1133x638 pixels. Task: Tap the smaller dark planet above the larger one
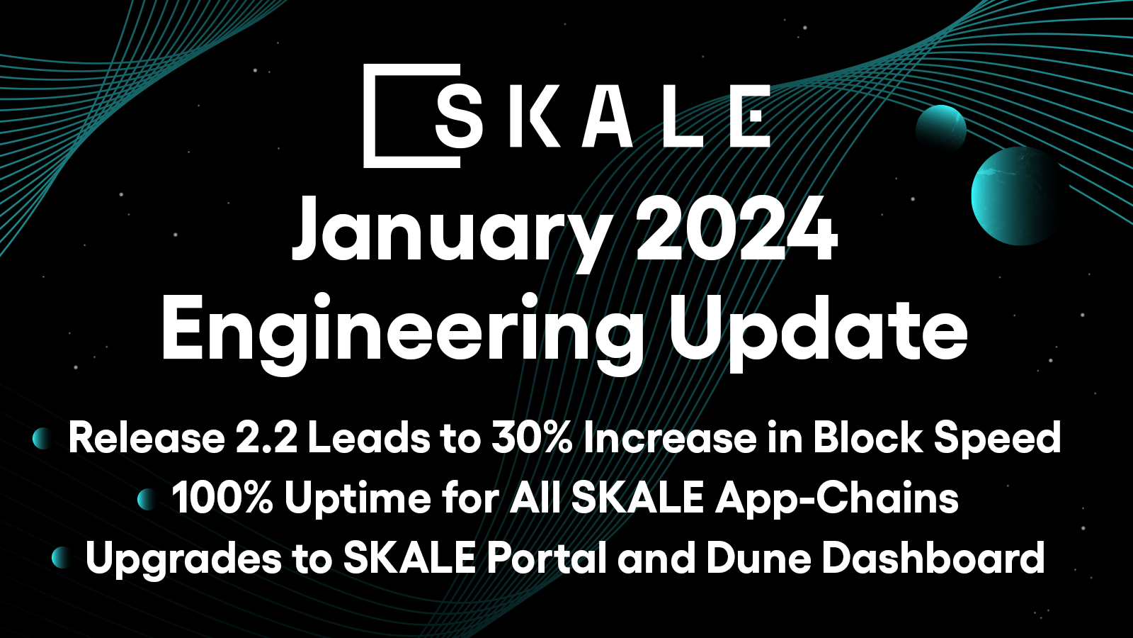pyautogui.click(x=941, y=128)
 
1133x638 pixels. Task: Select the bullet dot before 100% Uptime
pyautogui.click(x=147, y=499)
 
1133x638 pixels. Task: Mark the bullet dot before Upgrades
pyautogui.click(x=62, y=558)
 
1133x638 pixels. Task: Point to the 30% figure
pyautogui.click(x=532, y=438)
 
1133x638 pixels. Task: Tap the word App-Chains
pyautogui.click(x=837, y=500)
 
